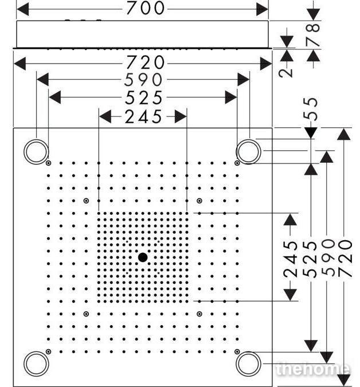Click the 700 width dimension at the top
(x=145, y=8)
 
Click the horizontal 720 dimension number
(x=145, y=62)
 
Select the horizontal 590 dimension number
(x=143, y=80)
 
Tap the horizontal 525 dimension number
(x=144, y=97)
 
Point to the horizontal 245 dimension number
(x=143, y=117)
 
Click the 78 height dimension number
(x=313, y=34)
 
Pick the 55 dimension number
(x=311, y=109)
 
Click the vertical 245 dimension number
(x=290, y=259)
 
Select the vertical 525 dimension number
(x=310, y=259)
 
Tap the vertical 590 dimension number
(x=328, y=258)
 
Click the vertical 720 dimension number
(x=345, y=259)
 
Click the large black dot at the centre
(x=143, y=257)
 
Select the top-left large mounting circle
(x=36, y=139)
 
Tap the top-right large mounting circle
(x=248, y=139)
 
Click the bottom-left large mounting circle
(x=36, y=351)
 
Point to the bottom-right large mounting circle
(x=248, y=351)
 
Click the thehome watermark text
(x=312, y=369)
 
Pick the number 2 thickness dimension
(x=285, y=73)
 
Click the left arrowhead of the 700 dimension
(x=23, y=9)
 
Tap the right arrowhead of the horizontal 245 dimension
(x=181, y=116)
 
